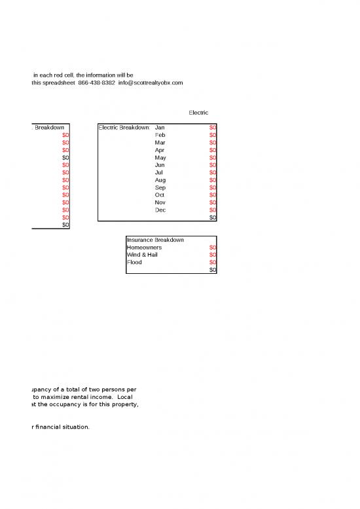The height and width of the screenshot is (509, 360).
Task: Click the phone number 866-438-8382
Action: [x=96, y=83]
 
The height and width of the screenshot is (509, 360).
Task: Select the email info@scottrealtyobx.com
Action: [x=151, y=83]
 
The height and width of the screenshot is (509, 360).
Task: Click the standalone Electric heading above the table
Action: [x=198, y=113]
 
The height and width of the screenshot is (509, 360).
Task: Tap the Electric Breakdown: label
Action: [x=124, y=127]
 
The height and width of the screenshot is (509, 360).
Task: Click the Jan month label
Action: [x=160, y=127]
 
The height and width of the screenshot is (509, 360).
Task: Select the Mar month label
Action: [x=160, y=142]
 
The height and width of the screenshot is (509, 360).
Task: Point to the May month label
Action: [x=160, y=158]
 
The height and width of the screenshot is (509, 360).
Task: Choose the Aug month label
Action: [x=160, y=180]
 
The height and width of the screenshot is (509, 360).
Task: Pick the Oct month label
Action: [x=160, y=195]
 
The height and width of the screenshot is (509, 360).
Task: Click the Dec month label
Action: [x=160, y=210]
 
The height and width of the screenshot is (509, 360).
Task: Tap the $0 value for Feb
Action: [x=213, y=135]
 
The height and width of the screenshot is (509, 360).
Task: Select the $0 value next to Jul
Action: [x=213, y=172]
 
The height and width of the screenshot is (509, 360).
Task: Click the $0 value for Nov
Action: [x=213, y=203]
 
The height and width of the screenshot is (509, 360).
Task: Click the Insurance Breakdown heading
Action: [x=155, y=240]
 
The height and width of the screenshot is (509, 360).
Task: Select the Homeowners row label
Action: [x=145, y=248]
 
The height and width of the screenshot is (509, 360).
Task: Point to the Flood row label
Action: [x=134, y=263]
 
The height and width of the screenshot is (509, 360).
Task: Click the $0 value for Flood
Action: [x=213, y=263]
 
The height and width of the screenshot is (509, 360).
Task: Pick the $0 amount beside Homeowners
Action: [x=213, y=248]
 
